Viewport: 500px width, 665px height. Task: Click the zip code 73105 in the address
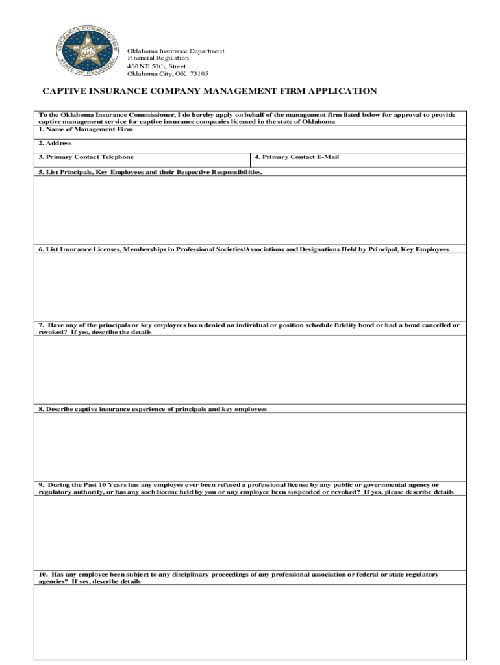coord(199,73)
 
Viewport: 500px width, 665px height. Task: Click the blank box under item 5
coord(250,210)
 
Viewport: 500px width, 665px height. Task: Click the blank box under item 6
coord(250,287)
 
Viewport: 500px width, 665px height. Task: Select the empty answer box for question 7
coord(250,370)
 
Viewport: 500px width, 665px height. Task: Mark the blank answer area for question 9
coord(250,533)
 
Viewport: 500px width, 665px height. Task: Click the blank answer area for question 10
coord(250,622)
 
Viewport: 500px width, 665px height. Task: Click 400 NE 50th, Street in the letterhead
coord(156,66)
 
